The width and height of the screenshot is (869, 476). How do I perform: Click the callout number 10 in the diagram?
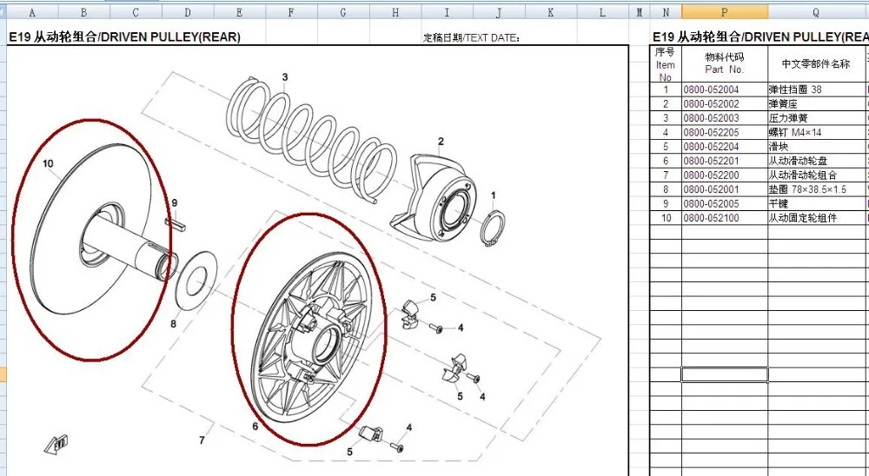point(48,163)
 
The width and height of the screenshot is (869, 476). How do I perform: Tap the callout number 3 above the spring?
point(284,77)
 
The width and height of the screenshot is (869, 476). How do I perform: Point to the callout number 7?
point(202,440)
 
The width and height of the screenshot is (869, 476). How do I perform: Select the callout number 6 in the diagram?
point(255,426)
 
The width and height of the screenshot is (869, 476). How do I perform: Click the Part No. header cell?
point(724,63)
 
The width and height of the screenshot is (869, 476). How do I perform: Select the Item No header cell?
point(666,63)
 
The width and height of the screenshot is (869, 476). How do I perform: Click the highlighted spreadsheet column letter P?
point(724,12)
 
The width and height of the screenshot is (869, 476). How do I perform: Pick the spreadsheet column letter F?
point(291,12)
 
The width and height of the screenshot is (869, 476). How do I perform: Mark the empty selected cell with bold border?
point(724,374)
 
